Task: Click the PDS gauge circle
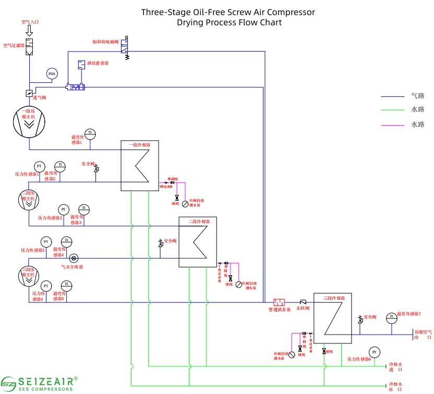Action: coord(52,74)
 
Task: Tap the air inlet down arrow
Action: coord(29,31)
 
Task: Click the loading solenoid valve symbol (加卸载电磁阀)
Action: coord(126,48)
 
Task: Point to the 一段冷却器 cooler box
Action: coord(139,166)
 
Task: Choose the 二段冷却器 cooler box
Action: coord(198,242)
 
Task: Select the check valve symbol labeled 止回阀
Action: coord(303,302)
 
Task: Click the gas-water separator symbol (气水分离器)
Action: coord(74,258)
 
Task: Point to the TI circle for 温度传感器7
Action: coord(391,317)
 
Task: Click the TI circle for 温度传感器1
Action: coord(90,132)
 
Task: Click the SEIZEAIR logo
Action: coord(40,383)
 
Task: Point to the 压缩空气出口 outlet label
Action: coord(423,334)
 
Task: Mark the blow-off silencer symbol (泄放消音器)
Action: coord(81,64)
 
